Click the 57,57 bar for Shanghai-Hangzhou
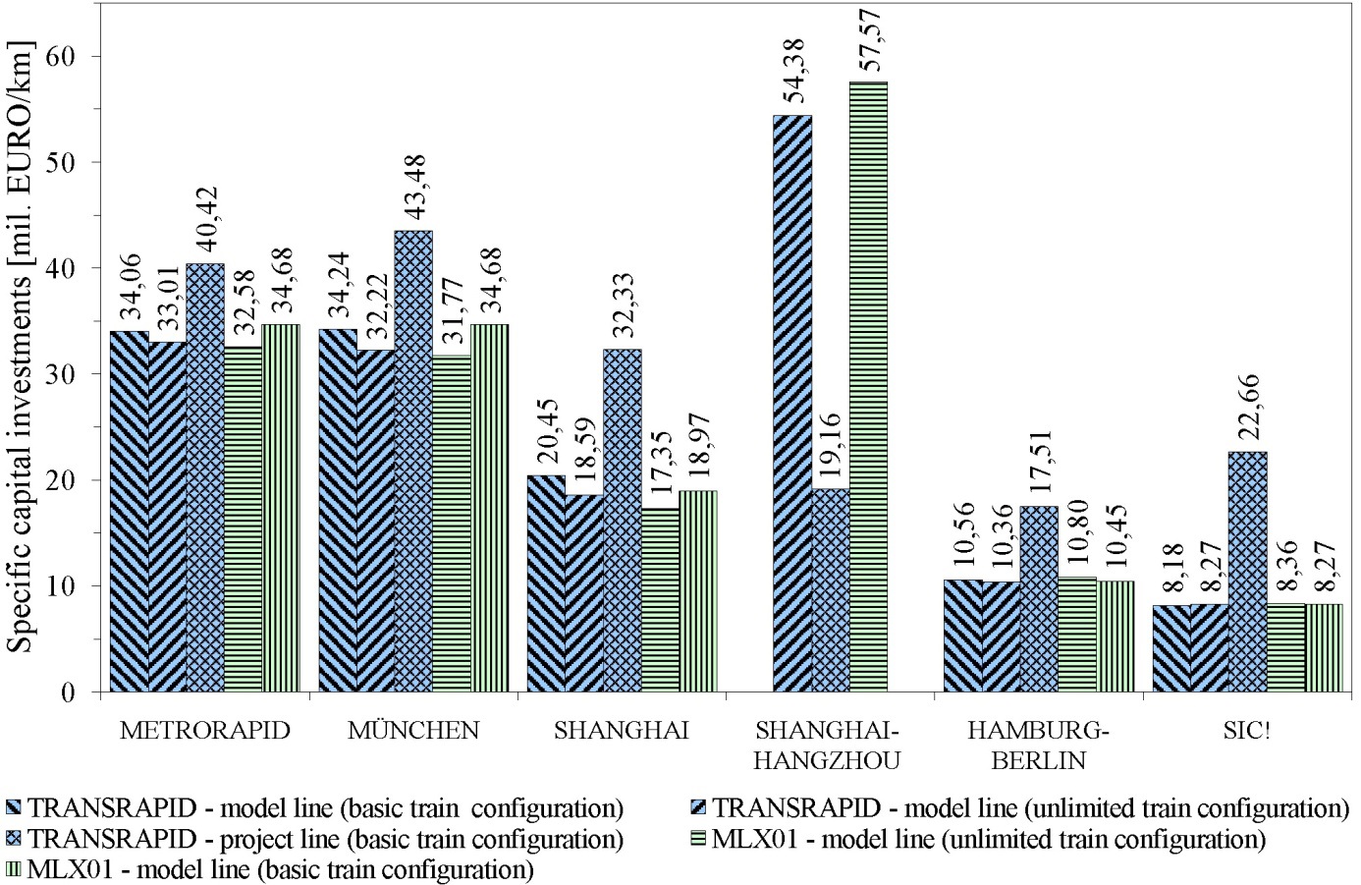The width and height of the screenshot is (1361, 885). click(868, 387)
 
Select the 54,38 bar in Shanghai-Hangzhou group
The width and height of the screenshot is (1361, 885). click(792, 404)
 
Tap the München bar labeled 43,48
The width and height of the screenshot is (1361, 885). click(413, 462)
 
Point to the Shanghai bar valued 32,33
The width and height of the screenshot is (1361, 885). click(622, 521)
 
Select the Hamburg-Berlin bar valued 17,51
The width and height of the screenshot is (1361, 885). click(1038, 599)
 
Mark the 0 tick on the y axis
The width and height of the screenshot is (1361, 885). click(82, 692)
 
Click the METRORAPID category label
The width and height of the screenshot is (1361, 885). click(204, 731)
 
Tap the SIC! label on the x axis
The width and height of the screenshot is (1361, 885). click(1246, 731)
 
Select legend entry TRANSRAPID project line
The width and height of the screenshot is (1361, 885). click(325, 840)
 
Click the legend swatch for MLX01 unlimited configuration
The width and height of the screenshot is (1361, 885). click(698, 840)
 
